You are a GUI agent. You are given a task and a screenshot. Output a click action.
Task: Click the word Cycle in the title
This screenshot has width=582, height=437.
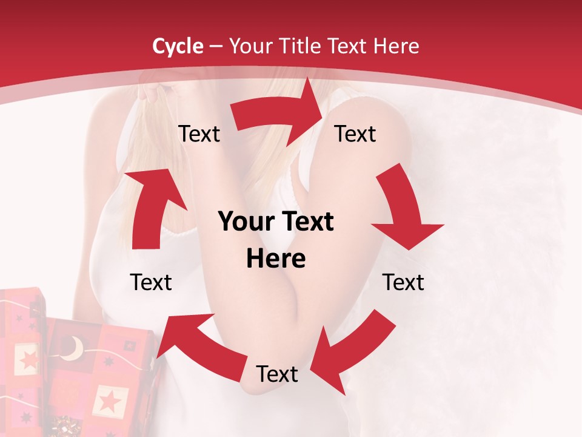178,46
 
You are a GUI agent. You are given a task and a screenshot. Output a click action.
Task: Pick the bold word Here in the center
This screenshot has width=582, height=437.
276,259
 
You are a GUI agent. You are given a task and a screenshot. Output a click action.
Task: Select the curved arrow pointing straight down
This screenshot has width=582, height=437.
405,209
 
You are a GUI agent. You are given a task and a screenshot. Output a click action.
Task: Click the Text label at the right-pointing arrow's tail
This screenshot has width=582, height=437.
199,134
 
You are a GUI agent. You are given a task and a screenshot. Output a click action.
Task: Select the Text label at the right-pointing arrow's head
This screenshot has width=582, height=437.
355,134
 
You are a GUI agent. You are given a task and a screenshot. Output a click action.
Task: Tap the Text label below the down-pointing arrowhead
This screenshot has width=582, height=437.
403,282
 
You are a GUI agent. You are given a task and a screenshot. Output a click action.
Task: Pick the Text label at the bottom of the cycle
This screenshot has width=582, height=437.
277,374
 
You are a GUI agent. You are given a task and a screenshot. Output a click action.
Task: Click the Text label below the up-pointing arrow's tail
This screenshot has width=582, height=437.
151,282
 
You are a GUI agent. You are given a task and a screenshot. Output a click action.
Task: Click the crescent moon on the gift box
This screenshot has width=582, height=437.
74,348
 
